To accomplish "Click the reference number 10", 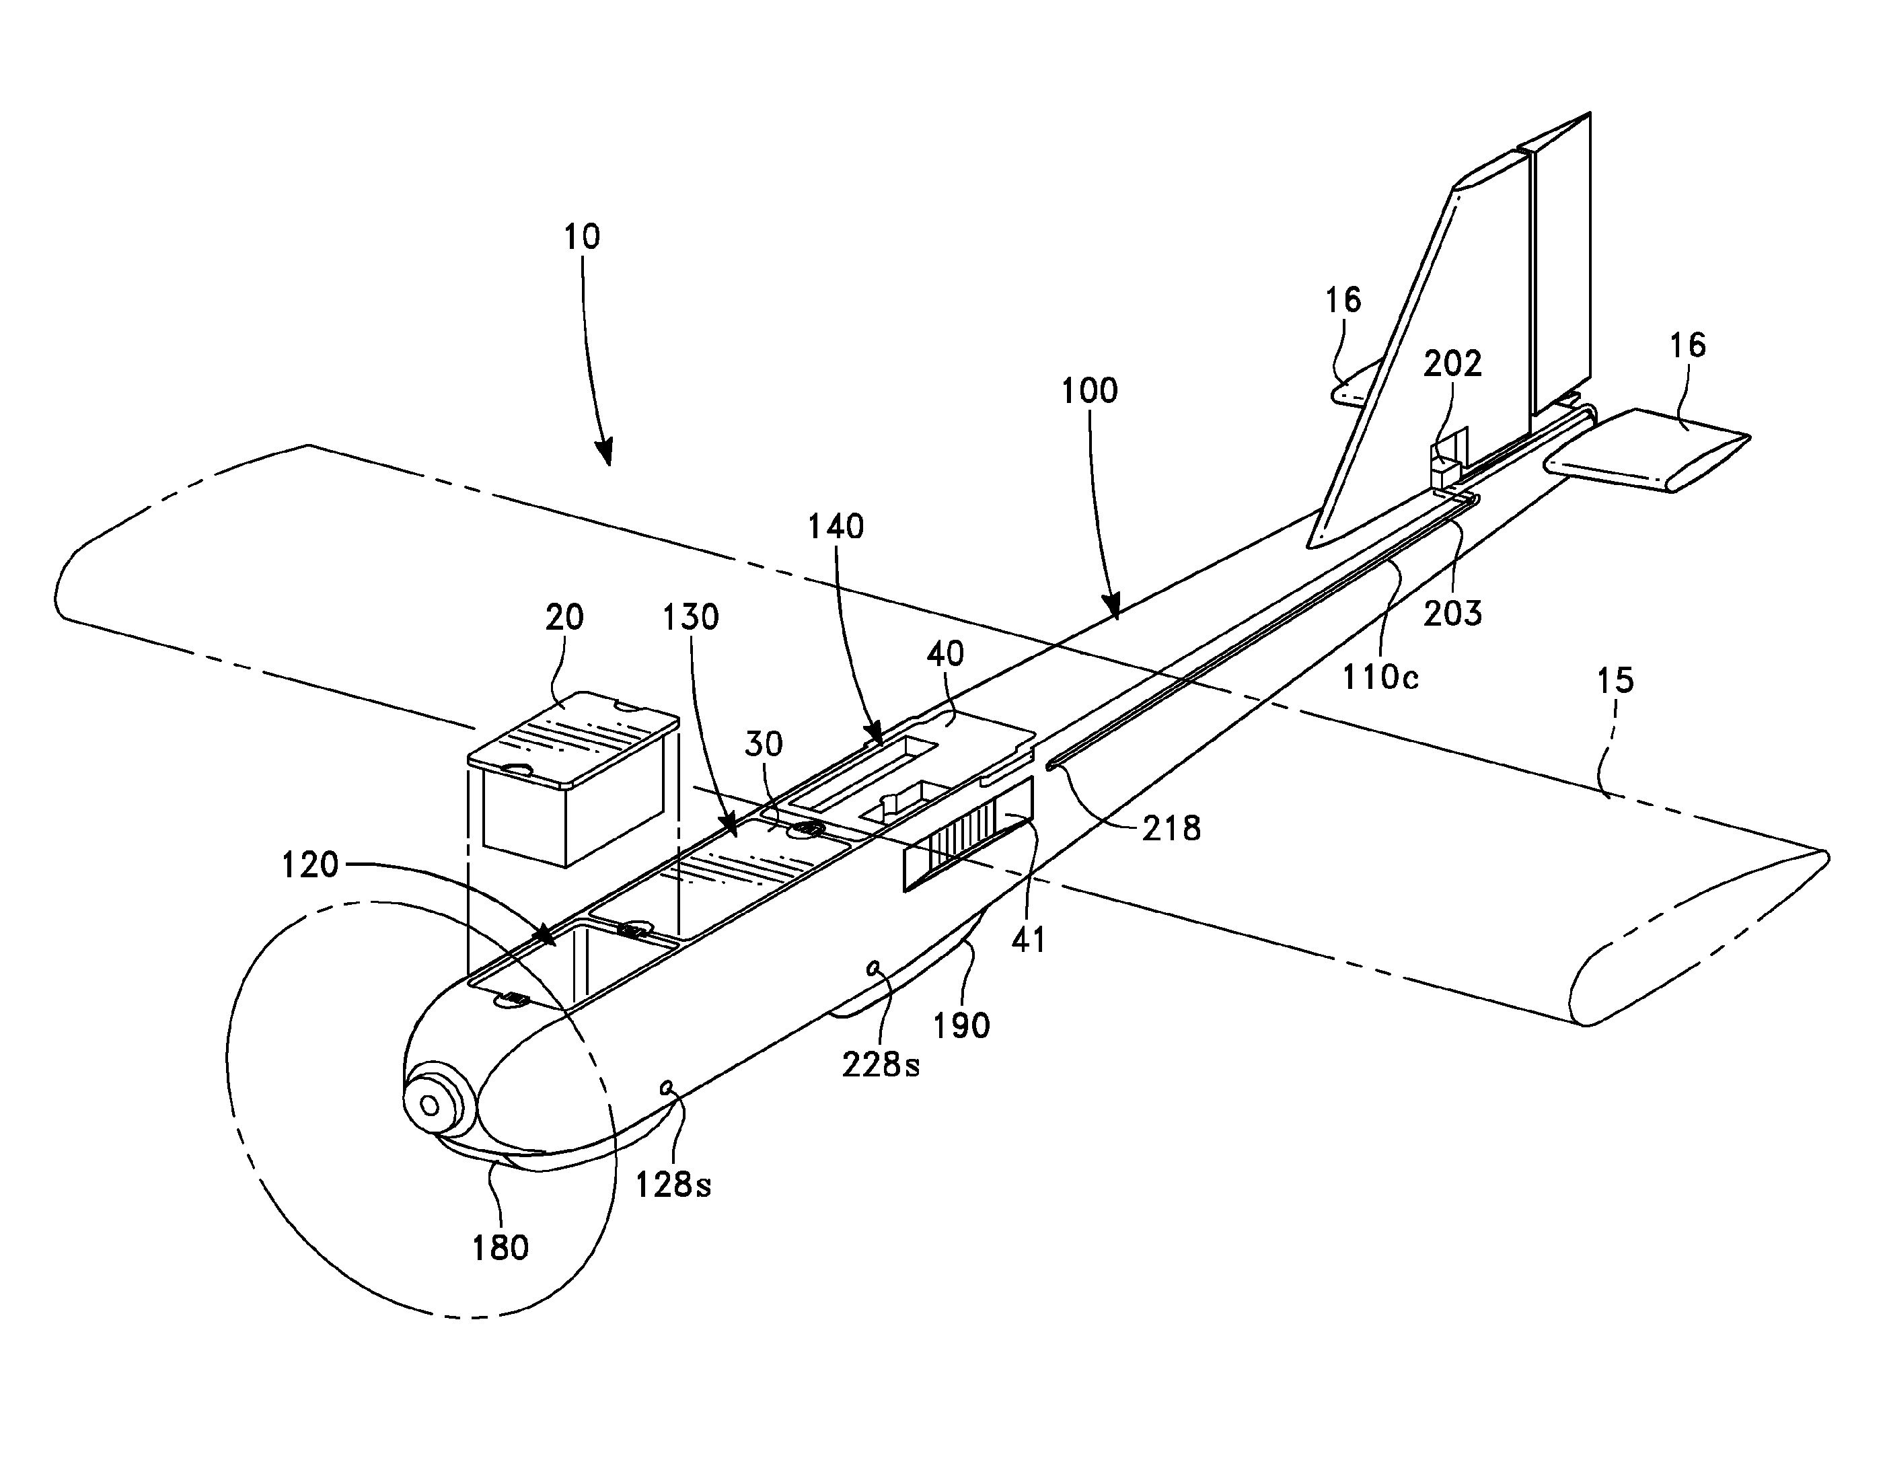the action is pyautogui.click(x=582, y=237).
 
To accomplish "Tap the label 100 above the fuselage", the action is pyautogui.click(x=1089, y=391).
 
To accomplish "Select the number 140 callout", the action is pyautogui.click(x=836, y=527).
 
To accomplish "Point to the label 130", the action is pyautogui.click(x=690, y=618).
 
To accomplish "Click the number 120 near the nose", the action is pyautogui.click(x=311, y=865).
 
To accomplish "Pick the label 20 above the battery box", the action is pyautogui.click(x=564, y=618).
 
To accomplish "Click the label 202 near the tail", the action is pyautogui.click(x=1452, y=363).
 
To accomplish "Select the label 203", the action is pyautogui.click(x=1452, y=613).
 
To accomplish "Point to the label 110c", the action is pyautogui.click(x=1380, y=677).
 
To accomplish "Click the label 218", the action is pyautogui.click(x=1171, y=829).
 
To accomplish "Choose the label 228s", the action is pyautogui.click(x=881, y=1066).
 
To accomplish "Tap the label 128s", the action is pyautogui.click(x=674, y=1185).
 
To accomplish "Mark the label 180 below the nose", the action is pyautogui.click(x=501, y=1247).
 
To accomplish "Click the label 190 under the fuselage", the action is pyautogui.click(x=961, y=1026).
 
